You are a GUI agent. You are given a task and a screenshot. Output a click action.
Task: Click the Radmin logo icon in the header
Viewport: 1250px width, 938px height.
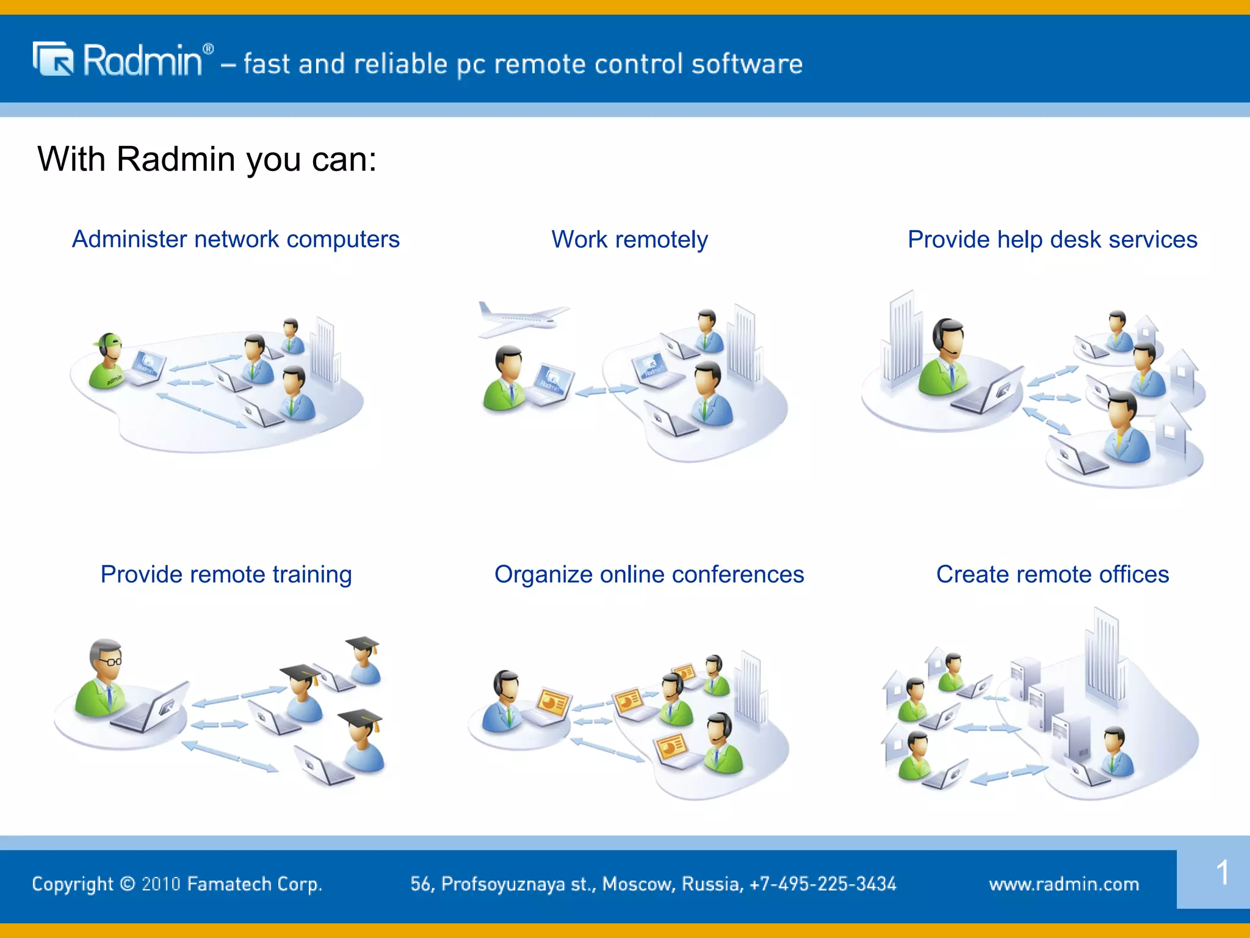click(53, 59)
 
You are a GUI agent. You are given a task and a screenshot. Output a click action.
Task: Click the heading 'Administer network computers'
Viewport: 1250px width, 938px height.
click(236, 239)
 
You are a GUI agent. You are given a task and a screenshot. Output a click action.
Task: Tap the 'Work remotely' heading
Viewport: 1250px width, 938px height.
click(629, 239)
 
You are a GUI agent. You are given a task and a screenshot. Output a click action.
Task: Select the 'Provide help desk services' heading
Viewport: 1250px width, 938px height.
click(1052, 239)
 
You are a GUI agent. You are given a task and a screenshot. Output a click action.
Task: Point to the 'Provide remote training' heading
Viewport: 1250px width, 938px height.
click(226, 575)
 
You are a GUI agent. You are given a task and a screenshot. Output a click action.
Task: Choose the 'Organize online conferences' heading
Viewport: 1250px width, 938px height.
click(649, 575)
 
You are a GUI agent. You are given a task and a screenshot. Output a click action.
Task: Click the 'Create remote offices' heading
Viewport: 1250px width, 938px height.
click(1052, 575)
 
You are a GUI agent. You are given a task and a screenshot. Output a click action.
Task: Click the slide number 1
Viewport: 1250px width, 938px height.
click(1222, 872)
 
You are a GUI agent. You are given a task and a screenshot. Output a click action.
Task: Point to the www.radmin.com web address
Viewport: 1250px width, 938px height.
click(1064, 884)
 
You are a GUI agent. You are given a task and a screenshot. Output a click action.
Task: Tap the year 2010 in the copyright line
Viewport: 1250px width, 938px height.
click(161, 884)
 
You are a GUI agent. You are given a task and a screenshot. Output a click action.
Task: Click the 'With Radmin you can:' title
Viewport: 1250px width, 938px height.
click(207, 159)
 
